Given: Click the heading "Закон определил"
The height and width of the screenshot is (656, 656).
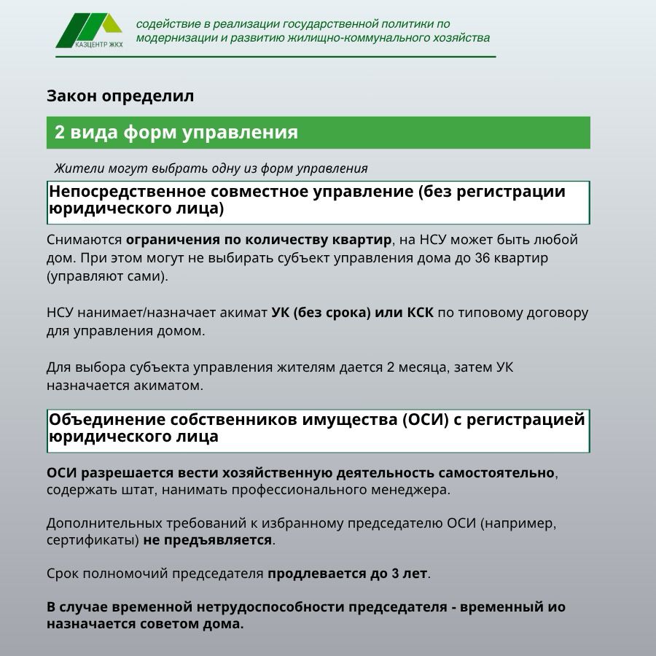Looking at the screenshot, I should [120, 95].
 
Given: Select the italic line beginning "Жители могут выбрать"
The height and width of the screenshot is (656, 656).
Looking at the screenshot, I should [211, 168].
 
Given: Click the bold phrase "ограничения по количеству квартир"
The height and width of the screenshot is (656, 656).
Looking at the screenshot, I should [259, 240].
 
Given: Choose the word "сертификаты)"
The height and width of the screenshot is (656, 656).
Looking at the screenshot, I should [92, 541].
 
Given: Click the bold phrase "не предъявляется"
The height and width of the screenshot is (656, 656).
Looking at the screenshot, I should [208, 541].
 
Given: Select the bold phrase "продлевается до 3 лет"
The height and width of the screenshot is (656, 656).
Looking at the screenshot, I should [347, 574].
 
